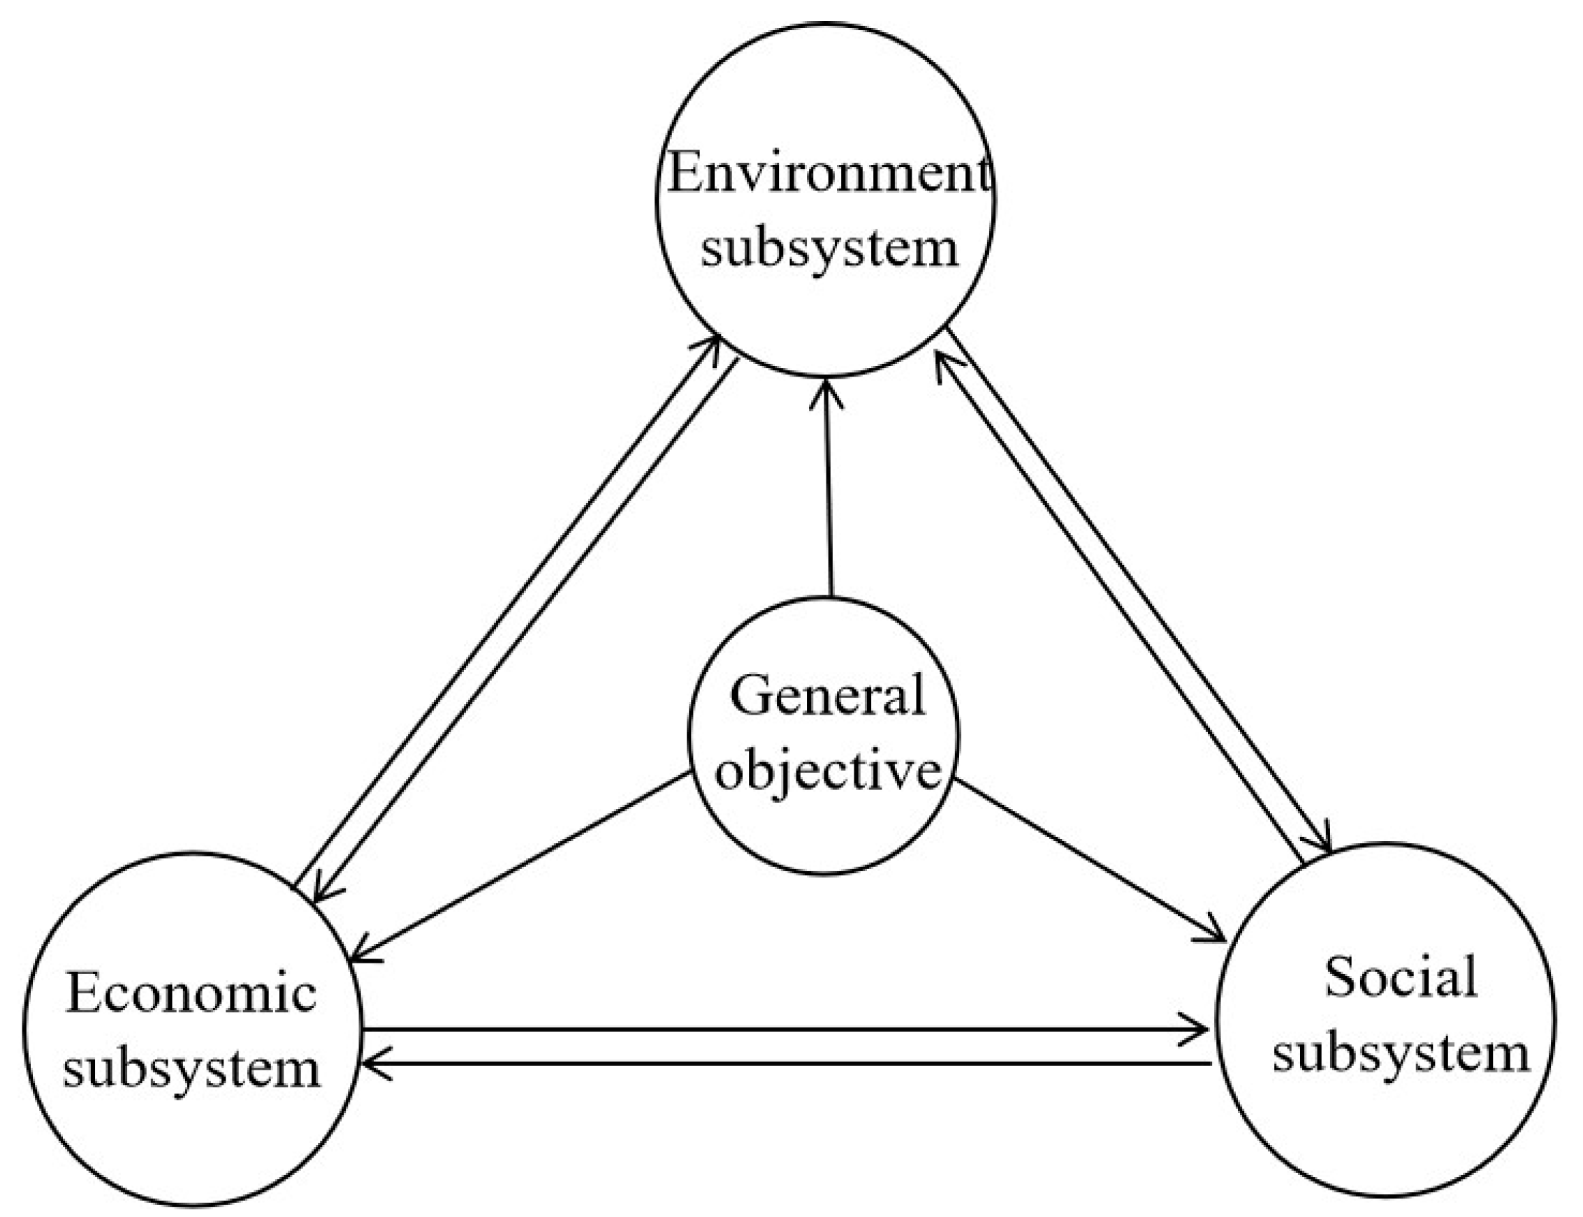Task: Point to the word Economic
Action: point(191,993)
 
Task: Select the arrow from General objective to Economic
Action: point(518,866)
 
